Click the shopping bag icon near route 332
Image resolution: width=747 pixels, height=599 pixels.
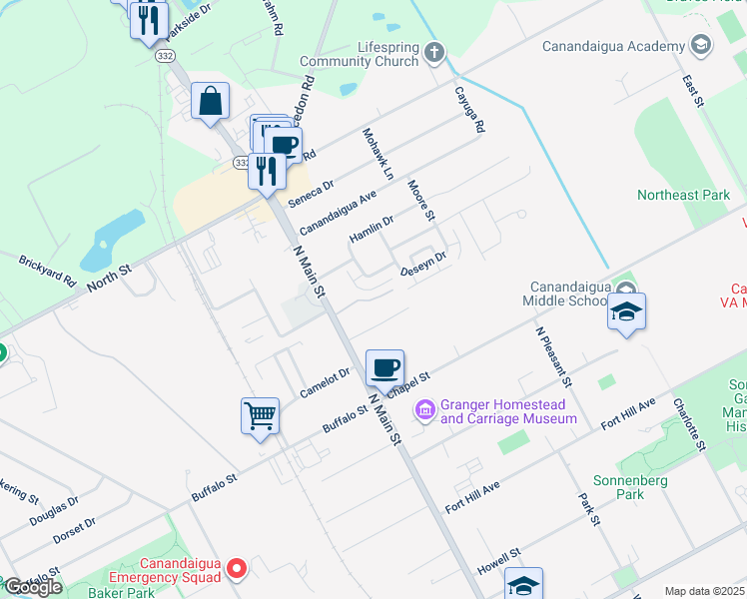[x=211, y=101]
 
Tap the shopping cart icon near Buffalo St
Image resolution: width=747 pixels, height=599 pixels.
[x=260, y=414]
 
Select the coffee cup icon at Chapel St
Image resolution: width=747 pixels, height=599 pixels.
[x=384, y=367]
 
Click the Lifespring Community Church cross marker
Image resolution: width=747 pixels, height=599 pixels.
[x=433, y=52]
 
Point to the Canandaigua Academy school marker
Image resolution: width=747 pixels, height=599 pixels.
[x=701, y=46]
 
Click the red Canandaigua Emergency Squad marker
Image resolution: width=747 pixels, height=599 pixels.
[x=237, y=569]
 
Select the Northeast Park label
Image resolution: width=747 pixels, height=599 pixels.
[x=684, y=195]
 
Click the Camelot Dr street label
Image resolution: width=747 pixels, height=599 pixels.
[x=326, y=383]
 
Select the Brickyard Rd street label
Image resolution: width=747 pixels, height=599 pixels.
[x=47, y=272]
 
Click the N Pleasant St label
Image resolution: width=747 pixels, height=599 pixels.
[x=552, y=356]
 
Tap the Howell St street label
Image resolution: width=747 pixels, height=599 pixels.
[x=501, y=555]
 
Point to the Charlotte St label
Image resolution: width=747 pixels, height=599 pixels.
[x=689, y=423]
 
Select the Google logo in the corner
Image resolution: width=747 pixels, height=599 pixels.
[x=32, y=587]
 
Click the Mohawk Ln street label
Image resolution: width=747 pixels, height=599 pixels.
[x=378, y=154]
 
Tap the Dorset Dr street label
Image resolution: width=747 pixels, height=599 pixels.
[x=76, y=529]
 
